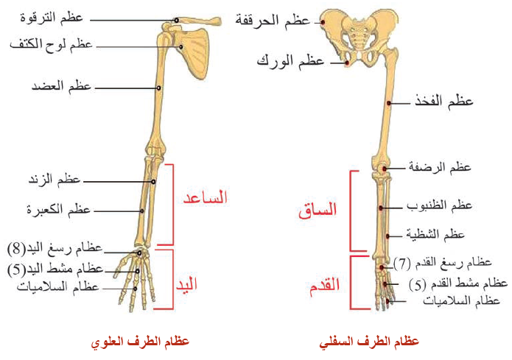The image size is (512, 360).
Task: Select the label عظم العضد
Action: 60,87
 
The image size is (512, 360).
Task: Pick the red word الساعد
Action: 205,197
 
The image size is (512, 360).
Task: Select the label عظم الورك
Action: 290,60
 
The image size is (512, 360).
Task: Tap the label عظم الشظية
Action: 435,234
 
